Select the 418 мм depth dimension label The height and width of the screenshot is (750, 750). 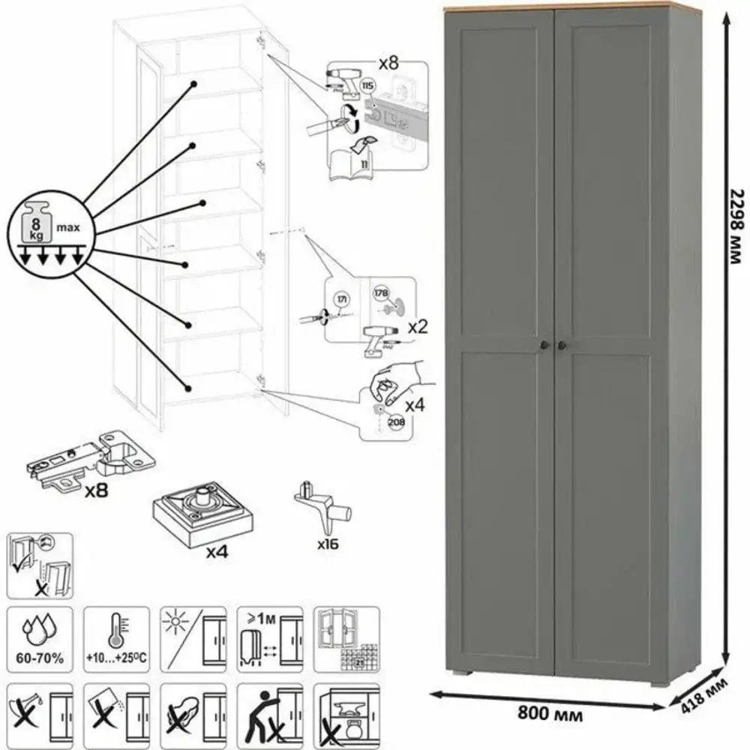pyautogui.click(x=706, y=695)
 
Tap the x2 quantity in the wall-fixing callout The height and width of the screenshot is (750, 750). pyautogui.click(x=417, y=328)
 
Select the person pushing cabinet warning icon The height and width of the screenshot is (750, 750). pyautogui.click(x=269, y=712)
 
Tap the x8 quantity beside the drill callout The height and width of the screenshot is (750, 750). pyautogui.click(x=388, y=63)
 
